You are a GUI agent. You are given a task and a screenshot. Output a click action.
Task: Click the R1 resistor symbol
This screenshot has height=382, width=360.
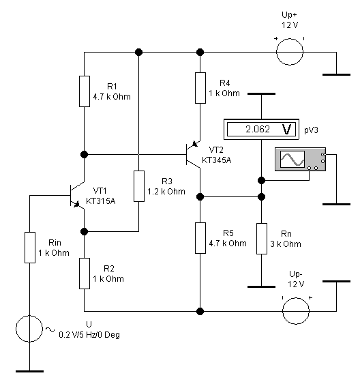(85, 91)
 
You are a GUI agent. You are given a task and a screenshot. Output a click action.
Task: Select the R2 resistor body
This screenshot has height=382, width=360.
(85, 274)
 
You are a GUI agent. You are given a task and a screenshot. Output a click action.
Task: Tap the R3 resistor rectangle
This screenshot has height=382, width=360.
(139, 186)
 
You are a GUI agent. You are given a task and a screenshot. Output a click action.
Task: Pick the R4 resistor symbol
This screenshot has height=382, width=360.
(200, 88)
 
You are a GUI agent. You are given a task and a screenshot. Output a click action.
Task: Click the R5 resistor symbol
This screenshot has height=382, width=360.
(200, 238)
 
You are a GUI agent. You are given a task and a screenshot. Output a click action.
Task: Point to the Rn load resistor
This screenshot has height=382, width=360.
(262, 239)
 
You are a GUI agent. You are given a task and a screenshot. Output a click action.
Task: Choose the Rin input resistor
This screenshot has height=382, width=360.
(30, 248)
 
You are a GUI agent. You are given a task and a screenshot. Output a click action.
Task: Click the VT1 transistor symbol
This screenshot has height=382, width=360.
(77, 195)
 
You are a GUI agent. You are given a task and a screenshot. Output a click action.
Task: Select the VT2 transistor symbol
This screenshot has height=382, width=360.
(193, 154)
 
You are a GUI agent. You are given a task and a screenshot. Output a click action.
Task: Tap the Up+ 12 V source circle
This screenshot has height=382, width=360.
(290, 52)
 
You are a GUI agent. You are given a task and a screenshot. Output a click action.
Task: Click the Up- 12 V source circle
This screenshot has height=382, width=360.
(296, 311)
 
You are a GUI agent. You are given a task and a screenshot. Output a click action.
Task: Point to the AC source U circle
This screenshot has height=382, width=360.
(29, 329)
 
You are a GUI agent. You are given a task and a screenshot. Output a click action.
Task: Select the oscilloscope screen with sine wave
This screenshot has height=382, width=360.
(292, 159)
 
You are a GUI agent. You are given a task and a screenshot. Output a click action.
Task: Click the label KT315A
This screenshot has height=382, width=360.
(101, 201)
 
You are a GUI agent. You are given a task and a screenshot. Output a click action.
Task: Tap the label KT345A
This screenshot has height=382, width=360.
(217, 160)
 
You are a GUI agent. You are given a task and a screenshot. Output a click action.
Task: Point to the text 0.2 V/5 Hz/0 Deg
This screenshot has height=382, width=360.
(89, 335)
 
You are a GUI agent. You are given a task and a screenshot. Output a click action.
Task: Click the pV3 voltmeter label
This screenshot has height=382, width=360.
(311, 130)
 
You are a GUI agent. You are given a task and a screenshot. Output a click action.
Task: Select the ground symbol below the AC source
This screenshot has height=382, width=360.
(30, 371)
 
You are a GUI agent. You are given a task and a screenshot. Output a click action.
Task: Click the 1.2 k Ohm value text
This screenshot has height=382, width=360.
(166, 192)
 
